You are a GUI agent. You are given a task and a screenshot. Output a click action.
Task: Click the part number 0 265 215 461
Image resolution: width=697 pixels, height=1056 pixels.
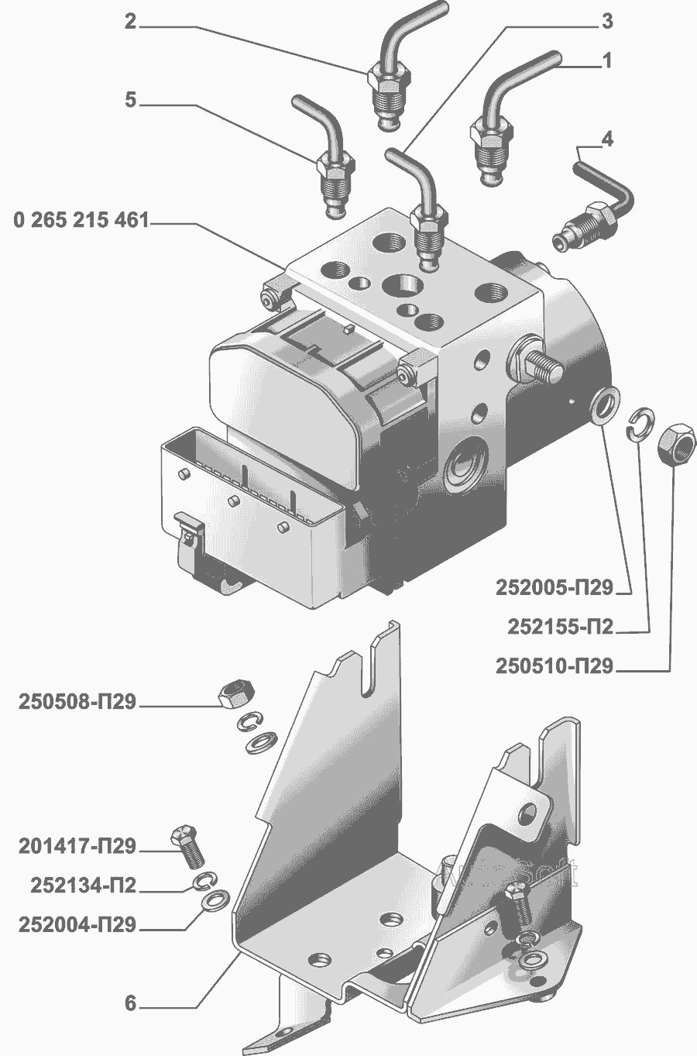(x=81, y=220)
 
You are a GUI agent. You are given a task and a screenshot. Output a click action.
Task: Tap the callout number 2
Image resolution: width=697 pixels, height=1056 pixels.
(x=131, y=22)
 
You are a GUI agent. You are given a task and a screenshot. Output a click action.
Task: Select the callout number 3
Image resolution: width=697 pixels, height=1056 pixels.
(x=607, y=21)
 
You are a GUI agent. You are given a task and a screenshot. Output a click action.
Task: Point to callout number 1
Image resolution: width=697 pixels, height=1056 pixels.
(x=607, y=60)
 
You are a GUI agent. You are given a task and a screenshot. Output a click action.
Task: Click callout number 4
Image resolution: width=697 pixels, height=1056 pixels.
(x=608, y=139)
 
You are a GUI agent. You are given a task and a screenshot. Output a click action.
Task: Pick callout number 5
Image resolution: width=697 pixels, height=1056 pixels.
(x=131, y=101)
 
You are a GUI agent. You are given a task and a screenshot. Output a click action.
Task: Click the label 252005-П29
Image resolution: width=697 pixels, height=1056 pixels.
(x=555, y=588)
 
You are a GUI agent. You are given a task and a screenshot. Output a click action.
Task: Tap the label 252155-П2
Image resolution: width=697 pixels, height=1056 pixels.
(x=561, y=627)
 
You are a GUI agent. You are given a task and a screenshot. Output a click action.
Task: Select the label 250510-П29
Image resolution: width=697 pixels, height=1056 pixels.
(x=555, y=666)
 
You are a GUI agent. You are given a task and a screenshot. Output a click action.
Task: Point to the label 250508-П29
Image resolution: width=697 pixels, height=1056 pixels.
(x=77, y=702)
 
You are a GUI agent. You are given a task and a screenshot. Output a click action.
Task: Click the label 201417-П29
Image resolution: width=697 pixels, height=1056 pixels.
(x=77, y=846)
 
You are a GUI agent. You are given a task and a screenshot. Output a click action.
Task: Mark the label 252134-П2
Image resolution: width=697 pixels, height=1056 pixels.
(x=84, y=886)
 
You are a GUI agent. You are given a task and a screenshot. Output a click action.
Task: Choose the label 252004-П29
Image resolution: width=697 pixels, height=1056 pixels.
(x=77, y=925)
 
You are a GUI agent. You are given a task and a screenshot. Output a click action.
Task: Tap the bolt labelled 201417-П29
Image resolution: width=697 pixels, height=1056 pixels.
(x=187, y=846)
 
